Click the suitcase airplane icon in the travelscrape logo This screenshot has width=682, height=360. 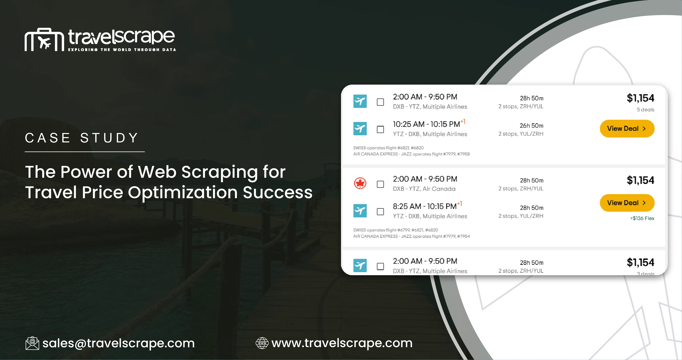[x=44, y=40]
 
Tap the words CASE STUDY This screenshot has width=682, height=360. [x=82, y=138]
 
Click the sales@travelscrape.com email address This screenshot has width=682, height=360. [x=118, y=343]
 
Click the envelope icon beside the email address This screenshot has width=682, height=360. [x=32, y=343]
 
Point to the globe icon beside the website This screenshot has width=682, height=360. [x=262, y=343]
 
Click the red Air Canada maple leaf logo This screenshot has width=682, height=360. [x=360, y=183]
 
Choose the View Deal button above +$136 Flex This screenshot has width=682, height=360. [x=627, y=203]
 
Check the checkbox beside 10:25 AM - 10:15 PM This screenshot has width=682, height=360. [x=380, y=129]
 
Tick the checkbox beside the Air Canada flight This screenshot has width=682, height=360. [x=380, y=184]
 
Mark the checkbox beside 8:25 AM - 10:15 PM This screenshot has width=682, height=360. [x=380, y=211]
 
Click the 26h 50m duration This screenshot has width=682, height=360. [x=531, y=126]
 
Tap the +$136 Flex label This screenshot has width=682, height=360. [x=642, y=218]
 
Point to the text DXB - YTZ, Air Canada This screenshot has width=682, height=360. [x=424, y=189]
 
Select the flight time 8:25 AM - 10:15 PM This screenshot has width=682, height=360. [x=425, y=206]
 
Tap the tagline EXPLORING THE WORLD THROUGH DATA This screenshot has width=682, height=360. [x=122, y=49]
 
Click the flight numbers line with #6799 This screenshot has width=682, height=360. [x=395, y=230]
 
